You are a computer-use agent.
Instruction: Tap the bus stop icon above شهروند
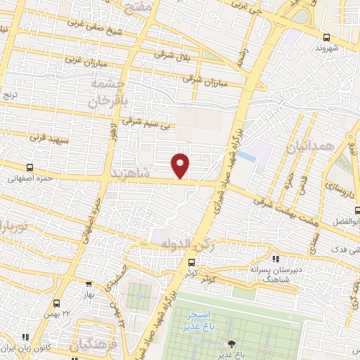(x=326, y=37)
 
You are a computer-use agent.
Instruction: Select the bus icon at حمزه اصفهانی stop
(x=29, y=167)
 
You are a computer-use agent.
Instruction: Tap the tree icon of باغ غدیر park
(x=232, y=343)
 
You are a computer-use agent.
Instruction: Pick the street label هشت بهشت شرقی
(x=282, y=203)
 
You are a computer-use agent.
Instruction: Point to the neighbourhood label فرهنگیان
(x=90, y=345)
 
